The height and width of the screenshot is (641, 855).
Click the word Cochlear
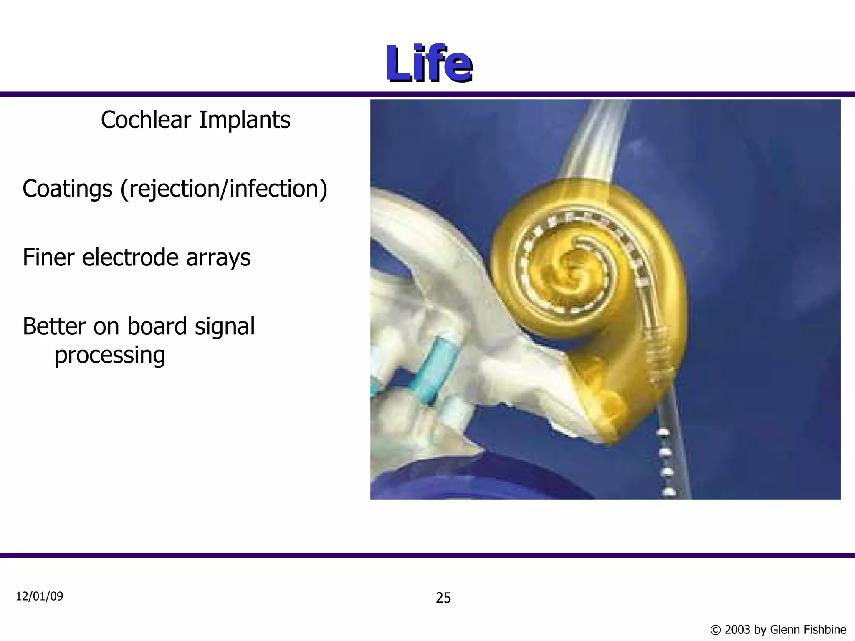(146, 120)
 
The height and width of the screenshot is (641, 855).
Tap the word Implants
(244, 120)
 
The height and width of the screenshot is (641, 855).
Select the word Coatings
(67, 189)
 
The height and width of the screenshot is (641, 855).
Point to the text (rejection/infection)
(224, 189)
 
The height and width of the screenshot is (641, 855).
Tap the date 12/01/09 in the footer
(39, 596)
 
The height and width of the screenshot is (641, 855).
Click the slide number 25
(443, 598)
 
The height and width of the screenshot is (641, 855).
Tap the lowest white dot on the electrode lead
(669, 491)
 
